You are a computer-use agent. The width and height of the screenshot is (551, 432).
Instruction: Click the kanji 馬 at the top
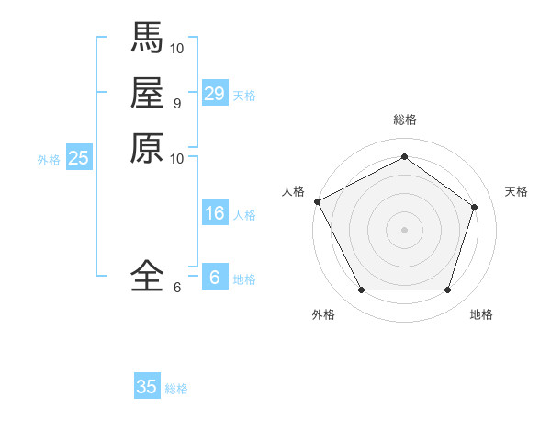click(147, 37)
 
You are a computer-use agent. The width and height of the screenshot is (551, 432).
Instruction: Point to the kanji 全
click(147, 275)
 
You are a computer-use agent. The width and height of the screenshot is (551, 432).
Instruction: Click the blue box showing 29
click(215, 94)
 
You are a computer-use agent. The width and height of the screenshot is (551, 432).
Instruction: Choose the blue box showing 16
click(215, 213)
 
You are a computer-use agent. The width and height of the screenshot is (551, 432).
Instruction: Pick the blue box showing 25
click(79, 158)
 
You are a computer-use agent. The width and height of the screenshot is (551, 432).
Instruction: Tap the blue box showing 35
click(147, 387)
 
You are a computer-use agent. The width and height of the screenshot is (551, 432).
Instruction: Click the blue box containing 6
click(215, 278)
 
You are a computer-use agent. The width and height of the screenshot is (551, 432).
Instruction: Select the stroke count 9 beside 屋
click(176, 103)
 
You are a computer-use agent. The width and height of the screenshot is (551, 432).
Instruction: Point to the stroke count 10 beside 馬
click(178, 47)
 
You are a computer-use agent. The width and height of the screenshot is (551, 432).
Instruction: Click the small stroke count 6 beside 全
click(176, 288)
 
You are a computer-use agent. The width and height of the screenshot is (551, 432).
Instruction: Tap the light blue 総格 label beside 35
click(176, 389)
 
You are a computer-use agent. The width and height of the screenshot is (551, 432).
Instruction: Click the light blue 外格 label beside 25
click(49, 160)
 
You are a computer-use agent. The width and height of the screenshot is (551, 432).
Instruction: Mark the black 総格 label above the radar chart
click(404, 119)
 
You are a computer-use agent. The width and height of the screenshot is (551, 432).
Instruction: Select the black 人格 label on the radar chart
click(293, 191)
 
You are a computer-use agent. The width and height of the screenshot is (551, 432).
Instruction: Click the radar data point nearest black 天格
click(474, 207)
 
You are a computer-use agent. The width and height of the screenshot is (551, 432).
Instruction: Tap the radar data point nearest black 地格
click(447, 290)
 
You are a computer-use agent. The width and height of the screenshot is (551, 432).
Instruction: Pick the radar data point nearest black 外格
click(361, 290)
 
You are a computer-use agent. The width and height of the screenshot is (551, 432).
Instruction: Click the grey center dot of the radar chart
click(404, 230)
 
